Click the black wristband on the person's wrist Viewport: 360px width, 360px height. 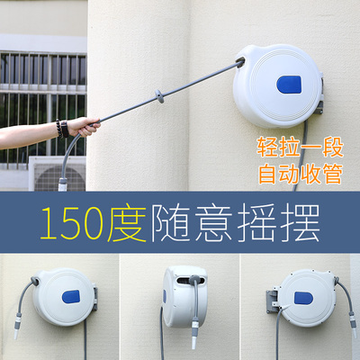click(61, 129)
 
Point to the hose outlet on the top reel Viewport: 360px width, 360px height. click(241, 61)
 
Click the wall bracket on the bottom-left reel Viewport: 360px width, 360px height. click(94, 294)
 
